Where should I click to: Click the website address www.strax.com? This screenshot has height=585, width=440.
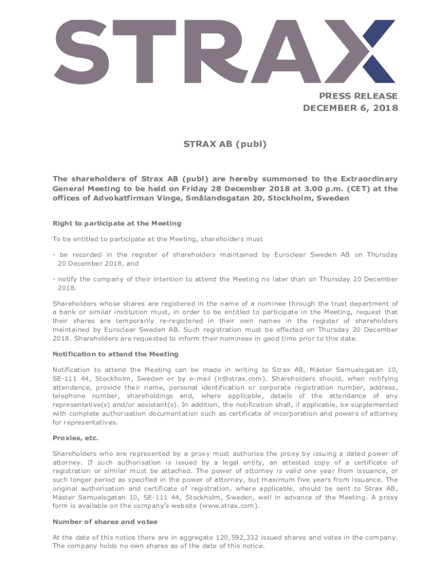(230, 506)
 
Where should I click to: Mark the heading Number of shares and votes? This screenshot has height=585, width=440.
(105, 522)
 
